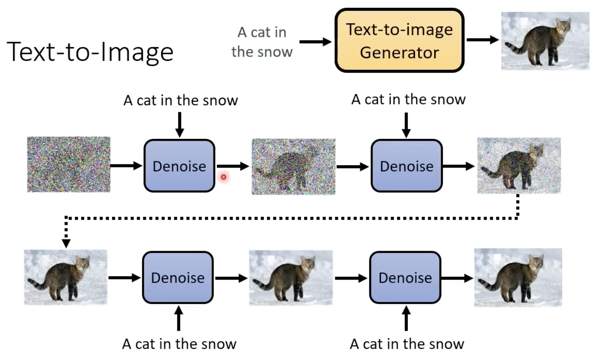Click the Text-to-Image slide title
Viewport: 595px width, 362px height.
[91, 51]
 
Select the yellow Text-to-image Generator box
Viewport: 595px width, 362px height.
[399, 41]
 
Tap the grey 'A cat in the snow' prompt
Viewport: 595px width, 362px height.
[262, 42]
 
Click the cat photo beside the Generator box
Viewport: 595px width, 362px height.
[545, 41]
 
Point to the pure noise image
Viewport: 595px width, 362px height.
[69, 164]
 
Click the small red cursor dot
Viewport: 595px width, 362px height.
[223, 177]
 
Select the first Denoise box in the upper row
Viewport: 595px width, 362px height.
[179, 166]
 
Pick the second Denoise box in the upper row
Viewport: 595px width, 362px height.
[407, 166]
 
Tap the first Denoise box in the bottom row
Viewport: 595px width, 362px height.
[177, 277]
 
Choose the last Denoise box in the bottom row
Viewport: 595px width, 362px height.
[405, 277]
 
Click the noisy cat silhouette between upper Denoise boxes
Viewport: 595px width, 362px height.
[293, 166]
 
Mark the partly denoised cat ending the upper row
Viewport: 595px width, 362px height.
[519, 166]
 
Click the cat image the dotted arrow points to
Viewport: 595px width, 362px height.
[66, 277]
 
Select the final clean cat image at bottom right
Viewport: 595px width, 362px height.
[518, 277]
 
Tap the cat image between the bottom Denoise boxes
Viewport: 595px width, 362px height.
[290, 277]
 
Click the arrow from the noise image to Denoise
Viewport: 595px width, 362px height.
[127, 166]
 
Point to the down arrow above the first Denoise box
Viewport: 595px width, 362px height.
[179, 124]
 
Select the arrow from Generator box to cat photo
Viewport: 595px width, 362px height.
[482, 40]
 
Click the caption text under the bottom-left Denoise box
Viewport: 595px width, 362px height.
[179, 344]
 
